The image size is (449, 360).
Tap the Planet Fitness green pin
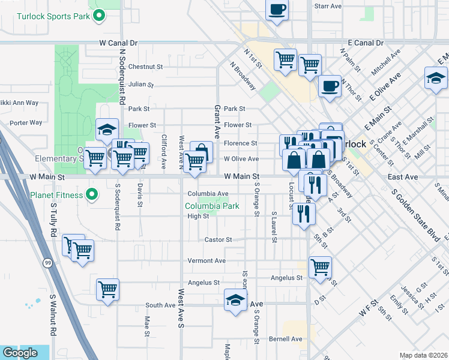tap(91, 194)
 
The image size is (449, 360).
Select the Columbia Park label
tap(212, 206)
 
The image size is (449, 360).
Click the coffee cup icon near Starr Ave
tap(277, 10)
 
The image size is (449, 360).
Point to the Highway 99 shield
tap(47, 262)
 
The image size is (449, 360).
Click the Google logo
tap(20, 353)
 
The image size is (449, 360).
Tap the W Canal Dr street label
tap(118, 43)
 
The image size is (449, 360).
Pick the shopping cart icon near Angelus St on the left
tap(108, 289)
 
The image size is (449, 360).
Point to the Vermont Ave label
tap(206, 261)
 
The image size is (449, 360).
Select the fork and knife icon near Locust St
tap(304, 214)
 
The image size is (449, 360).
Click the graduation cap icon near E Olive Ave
tap(436, 78)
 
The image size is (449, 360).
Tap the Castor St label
tap(218, 239)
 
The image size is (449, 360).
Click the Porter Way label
tap(26, 122)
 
